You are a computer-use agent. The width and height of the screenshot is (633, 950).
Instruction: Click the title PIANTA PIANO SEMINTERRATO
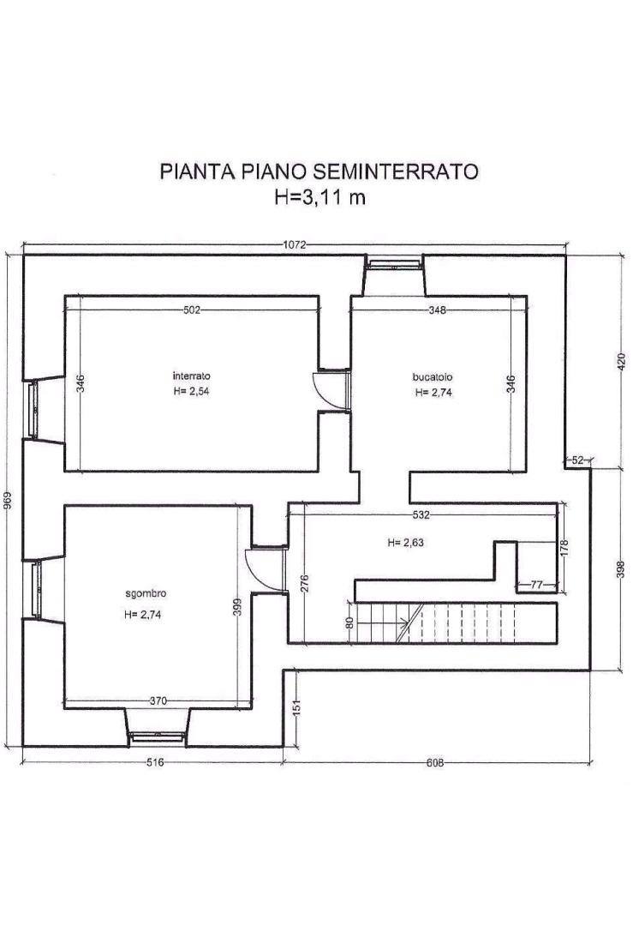pos(319,171)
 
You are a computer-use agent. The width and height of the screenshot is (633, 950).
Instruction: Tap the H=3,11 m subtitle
pos(319,197)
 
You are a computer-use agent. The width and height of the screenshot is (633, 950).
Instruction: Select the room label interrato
pos(191,376)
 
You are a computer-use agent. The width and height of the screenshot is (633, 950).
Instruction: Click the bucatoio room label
pos(433,377)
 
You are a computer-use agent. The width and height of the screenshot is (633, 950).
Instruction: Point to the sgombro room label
pos(146,593)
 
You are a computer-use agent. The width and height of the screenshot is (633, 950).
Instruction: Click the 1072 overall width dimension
pos(295,244)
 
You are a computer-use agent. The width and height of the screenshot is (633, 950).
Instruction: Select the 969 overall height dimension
pos(8,500)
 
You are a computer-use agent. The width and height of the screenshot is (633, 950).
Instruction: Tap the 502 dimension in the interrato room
pos(191,310)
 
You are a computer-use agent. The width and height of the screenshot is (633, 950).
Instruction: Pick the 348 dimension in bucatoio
pos(436,310)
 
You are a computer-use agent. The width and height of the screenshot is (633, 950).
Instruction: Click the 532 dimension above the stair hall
pos(421,515)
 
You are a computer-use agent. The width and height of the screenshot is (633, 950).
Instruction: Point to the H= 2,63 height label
pos(405,543)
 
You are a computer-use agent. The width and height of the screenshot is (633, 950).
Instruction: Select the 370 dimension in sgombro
pos(158,701)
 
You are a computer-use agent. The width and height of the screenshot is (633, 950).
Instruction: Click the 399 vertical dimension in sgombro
pos(237,607)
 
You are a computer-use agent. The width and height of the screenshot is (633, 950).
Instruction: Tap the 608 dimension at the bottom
pos(435,763)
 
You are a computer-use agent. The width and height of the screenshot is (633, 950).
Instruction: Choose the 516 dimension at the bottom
pos(156,763)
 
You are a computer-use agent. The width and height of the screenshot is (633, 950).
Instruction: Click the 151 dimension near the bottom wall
pos(296,707)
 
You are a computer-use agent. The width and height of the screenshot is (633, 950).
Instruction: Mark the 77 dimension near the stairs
pos(536,585)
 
